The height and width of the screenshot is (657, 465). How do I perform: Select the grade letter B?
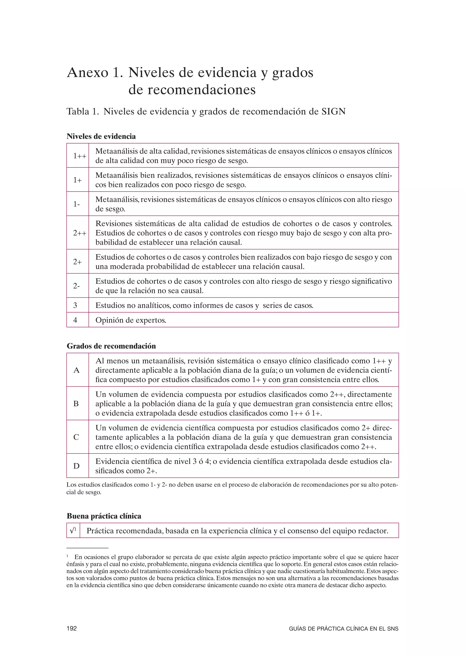(76, 404)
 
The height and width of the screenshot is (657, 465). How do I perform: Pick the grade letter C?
(76, 437)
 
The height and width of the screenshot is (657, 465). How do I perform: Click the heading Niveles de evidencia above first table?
(101, 137)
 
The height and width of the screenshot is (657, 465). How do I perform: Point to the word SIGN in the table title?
(333, 112)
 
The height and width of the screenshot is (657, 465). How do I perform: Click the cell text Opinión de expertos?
(131, 320)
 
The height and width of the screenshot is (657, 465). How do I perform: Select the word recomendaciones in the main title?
(192, 90)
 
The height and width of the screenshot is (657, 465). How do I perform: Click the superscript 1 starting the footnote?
(68, 556)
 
